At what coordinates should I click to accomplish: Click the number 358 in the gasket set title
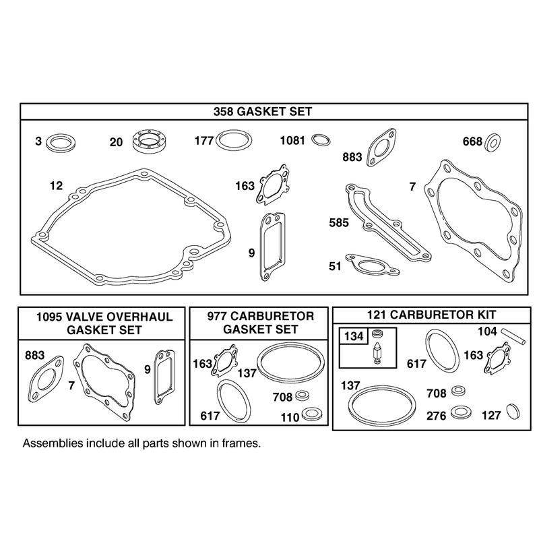tap(224, 112)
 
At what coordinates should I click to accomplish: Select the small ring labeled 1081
tap(321, 140)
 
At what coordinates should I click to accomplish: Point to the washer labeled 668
tap(493, 141)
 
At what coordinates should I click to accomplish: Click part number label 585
tap(339, 223)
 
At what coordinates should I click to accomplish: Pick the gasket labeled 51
tap(373, 265)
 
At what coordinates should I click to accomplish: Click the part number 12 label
tap(57, 186)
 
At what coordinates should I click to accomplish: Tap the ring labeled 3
tap(61, 142)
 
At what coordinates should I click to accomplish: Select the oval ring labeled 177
tap(234, 141)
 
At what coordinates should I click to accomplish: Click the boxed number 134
tap(354, 336)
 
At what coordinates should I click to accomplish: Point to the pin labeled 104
tap(513, 336)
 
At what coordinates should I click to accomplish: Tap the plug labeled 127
tap(513, 412)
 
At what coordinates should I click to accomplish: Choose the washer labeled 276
tap(461, 412)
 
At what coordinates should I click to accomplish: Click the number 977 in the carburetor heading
tap(217, 316)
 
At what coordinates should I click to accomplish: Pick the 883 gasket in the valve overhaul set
tap(46, 379)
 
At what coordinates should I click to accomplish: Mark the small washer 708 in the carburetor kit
tap(459, 391)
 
